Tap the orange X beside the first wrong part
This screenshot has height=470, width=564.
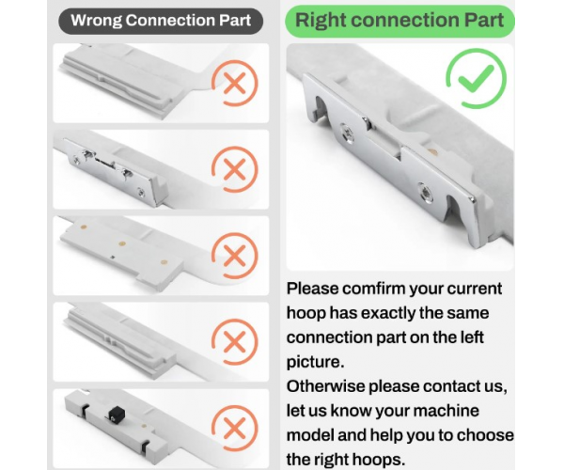[235, 83]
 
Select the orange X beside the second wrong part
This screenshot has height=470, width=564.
[235, 169]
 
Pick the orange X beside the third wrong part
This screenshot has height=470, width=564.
[235, 256]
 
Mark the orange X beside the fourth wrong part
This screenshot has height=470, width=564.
[235, 341]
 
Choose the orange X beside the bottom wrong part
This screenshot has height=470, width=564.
[235, 429]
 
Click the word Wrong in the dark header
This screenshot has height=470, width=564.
[96, 21]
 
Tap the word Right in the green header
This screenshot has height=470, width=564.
[320, 21]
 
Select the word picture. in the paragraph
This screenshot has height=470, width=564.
[316, 362]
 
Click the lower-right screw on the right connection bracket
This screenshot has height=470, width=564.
[426, 194]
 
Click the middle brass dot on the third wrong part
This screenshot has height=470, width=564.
[122, 244]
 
